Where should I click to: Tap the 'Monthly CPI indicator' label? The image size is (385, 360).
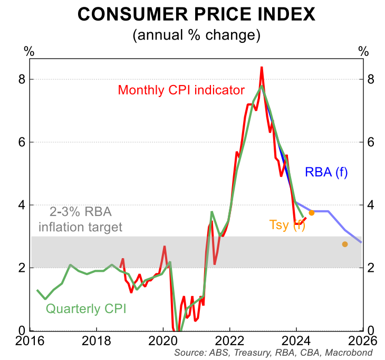point(181,90)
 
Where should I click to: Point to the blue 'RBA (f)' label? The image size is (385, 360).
point(326,172)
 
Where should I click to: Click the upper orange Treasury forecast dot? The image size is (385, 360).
point(312,213)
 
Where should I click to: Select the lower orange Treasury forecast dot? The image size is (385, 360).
point(345,244)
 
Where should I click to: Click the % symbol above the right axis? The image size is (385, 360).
point(363,51)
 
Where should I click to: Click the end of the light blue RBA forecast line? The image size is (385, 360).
point(361,242)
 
